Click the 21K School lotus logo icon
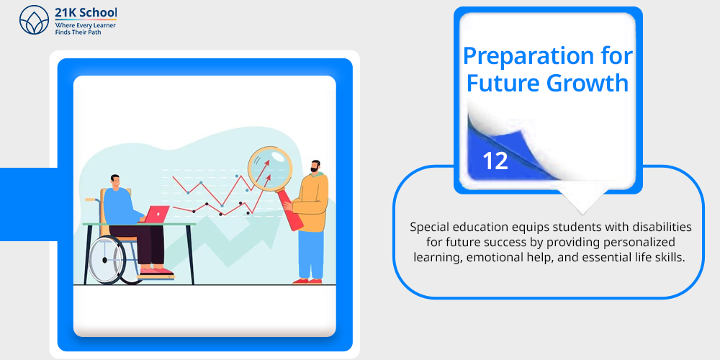point(34,19)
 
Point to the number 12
point(495,161)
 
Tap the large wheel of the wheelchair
point(107,260)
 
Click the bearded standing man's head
point(315,167)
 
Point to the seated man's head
point(115,182)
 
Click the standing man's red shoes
point(307,281)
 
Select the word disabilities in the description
point(662,227)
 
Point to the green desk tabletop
point(139,224)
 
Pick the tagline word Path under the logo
point(93,32)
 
